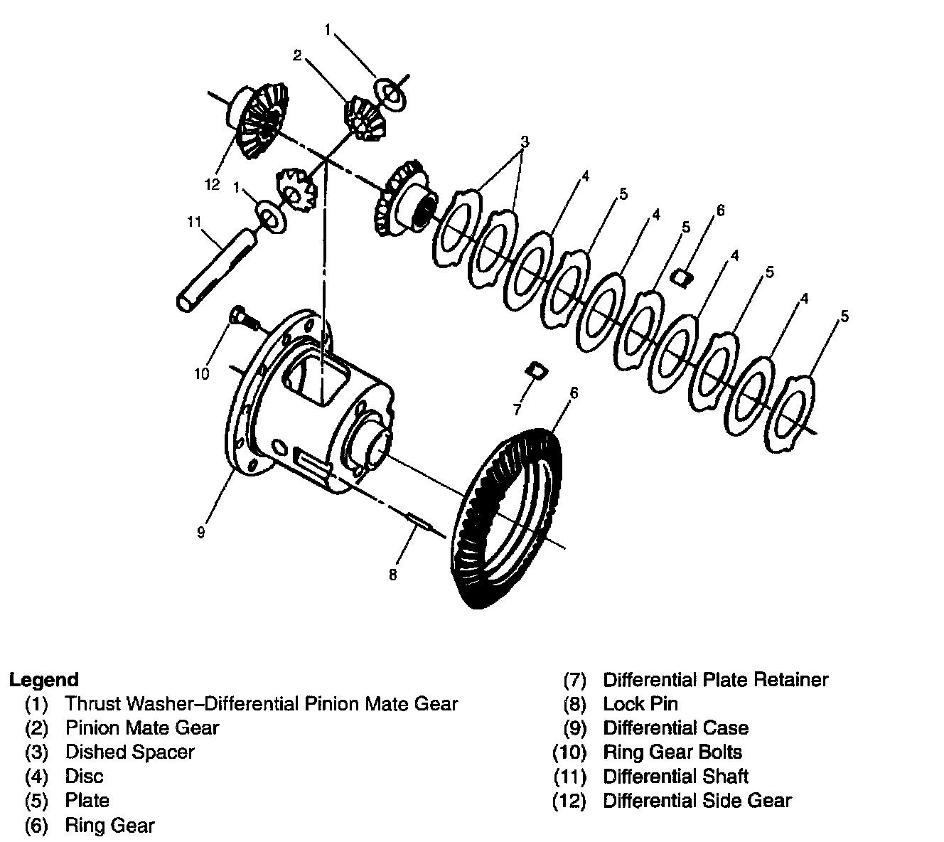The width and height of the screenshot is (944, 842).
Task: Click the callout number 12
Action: (x=213, y=185)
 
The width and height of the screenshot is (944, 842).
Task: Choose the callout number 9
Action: (x=201, y=532)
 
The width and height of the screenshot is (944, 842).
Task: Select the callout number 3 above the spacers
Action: (x=525, y=142)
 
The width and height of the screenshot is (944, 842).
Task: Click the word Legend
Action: (x=44, y=680)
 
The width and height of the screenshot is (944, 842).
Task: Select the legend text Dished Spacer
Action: (x=129, y=752)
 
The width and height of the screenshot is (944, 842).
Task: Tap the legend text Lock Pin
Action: (x=640, y=704)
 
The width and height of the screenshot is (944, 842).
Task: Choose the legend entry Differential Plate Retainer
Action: (x=715, y=681)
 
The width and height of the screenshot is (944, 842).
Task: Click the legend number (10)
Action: (x=570, y=752)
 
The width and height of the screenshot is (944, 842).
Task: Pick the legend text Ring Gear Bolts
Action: (x=672, y=752)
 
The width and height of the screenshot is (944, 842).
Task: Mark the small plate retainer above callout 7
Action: (x=535, y=370)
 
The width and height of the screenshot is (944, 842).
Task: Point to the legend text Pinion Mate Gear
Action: (x=142, y=728)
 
